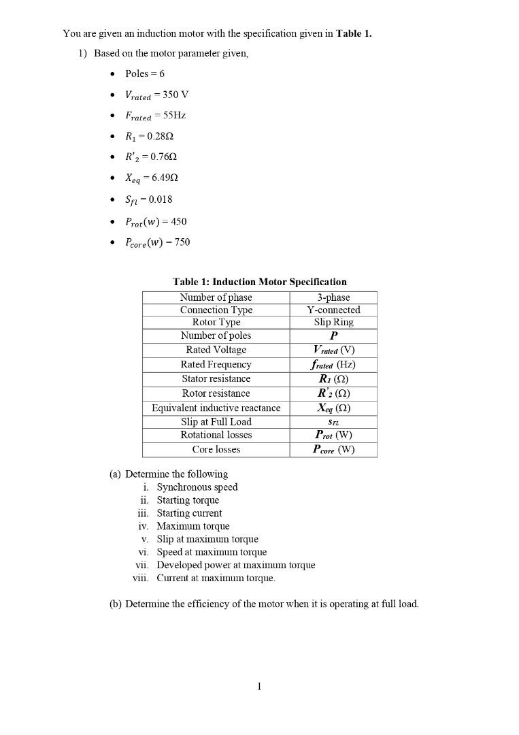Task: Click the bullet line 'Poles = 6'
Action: click(144, 73)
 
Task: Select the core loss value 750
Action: click(182, 242)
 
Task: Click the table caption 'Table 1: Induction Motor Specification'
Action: click(259, 282)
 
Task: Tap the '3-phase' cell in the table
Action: click(333, 297)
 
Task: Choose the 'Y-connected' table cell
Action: click(333, 310)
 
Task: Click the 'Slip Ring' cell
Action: click(333, 322)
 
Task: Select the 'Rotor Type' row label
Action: click(216, 322)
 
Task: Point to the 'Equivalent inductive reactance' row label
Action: click(216, 408)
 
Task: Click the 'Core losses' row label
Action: click(216, 449)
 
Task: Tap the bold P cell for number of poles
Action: click(333, 336)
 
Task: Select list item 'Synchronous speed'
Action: click(197, 487)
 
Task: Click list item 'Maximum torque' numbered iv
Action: click(193, 526)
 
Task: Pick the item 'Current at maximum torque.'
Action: click(216, 578)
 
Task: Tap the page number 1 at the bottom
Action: click(259, 687)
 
